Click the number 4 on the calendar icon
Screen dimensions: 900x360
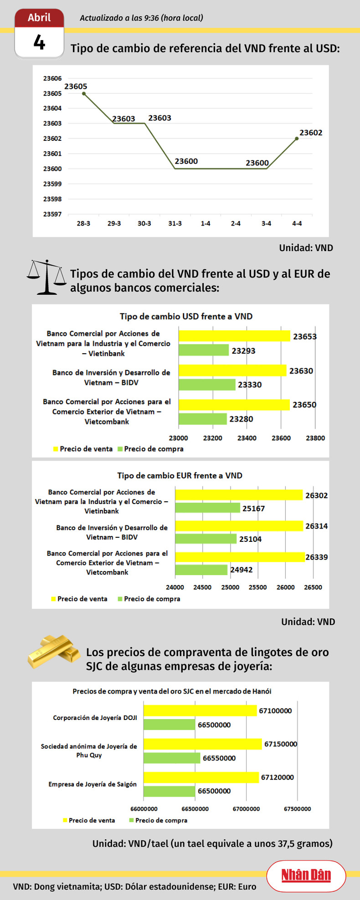[x=39, y=43]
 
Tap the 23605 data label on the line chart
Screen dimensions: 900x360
[x=76, y=86]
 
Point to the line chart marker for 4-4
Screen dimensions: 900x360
[x=297, y=139]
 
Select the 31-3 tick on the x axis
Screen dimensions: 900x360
[x=175, y=224]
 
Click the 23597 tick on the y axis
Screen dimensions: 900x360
[x=52, y=214]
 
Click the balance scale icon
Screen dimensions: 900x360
[x=46, y=277]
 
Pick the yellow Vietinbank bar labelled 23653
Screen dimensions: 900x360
[x=234, y=336]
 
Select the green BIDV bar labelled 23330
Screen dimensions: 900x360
[x=207, y=385]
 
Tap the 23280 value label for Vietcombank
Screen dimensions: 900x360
[x=241, y=419]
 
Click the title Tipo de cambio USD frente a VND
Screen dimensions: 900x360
[x=186, y=316]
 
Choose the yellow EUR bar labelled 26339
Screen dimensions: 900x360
[x=240, y=557]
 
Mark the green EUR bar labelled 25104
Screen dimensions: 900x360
[x=206, y=539]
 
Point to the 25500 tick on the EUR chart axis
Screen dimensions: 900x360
[x=257, y=587]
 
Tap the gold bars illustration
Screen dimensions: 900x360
[x=53, y=652]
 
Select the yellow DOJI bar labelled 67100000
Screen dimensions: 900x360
[x=200, y=710]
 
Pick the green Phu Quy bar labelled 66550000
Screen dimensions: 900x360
[x=172, y=758]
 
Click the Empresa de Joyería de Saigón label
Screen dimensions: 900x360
[x=93, y=784]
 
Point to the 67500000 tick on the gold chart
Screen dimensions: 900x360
[x=297, y=808]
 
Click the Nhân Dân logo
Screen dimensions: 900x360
[x=306, y=875]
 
